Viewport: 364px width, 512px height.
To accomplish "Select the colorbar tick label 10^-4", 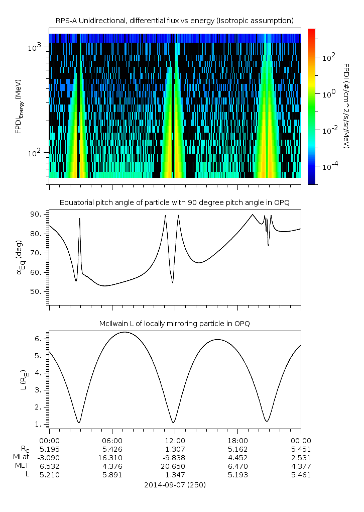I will (x=329, y=166).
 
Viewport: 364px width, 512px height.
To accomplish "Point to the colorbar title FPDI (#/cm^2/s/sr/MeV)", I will (x=346, y=106).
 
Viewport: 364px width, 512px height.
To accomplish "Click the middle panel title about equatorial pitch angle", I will (x=175, y=202).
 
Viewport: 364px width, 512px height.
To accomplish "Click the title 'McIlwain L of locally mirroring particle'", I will (x=175, y=324).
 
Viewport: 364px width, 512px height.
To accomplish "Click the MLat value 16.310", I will (x=112, y=458).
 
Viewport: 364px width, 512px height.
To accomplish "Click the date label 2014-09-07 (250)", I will (x=175, y=485).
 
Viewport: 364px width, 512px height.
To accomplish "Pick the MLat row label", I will (x=22, y=458).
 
